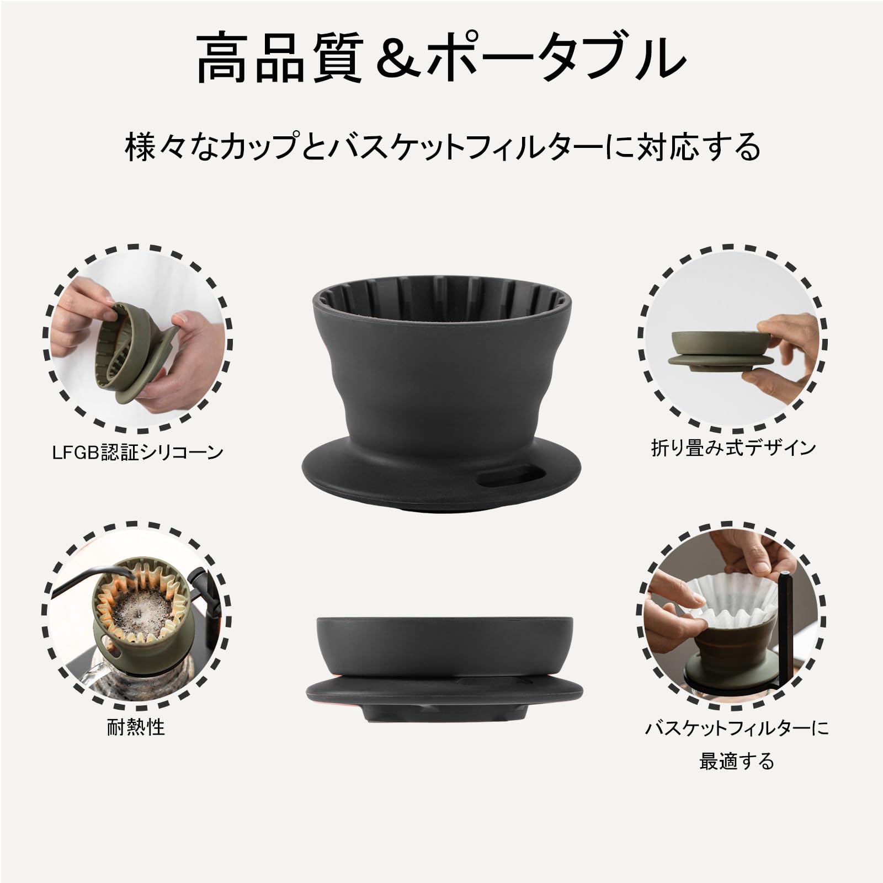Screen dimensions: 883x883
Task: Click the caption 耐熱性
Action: click(136, 727)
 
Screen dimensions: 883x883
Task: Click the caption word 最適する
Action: click(737, 762)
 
